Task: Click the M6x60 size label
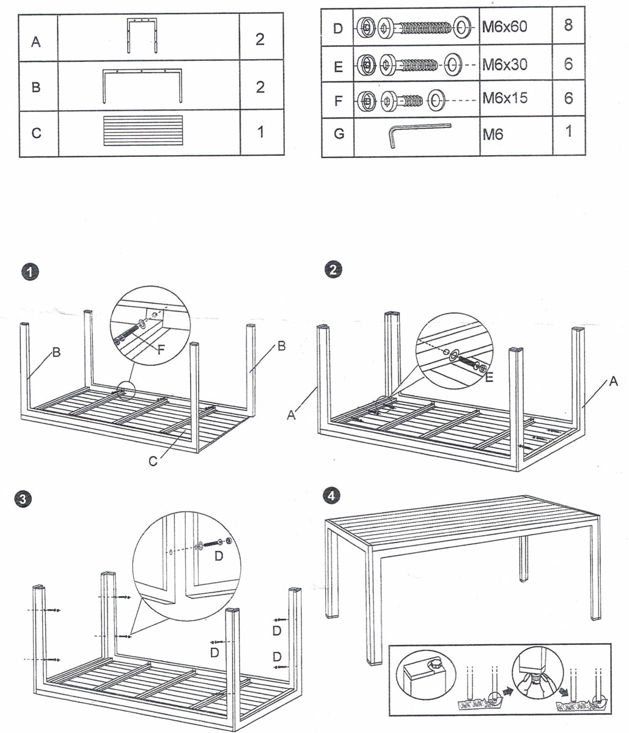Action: pyautogui.click(x=504, y=27)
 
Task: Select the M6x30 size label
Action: pyautogui.click(x=504, y=64)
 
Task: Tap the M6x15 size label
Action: pyautogui.click(x=504, y=98)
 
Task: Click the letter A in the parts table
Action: pyautogui.click(x=36, y=42)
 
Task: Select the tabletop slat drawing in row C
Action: pyautogui.click(x=143, y=131)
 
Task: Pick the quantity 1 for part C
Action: pyautogui.click(x=261, y=131)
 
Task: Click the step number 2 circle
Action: pyautogui.click(x=333, y=269)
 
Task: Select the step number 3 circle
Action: pyautogui.click(x=23, y=499)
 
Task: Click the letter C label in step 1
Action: pyautogui.click(x=152, y=461)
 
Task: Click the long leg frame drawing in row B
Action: pyautogui.click(x=143, y=86)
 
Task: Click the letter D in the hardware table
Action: pyautogui.click(x=338, y=29)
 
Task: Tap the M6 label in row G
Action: pyautogui.click(x=492, y=134)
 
